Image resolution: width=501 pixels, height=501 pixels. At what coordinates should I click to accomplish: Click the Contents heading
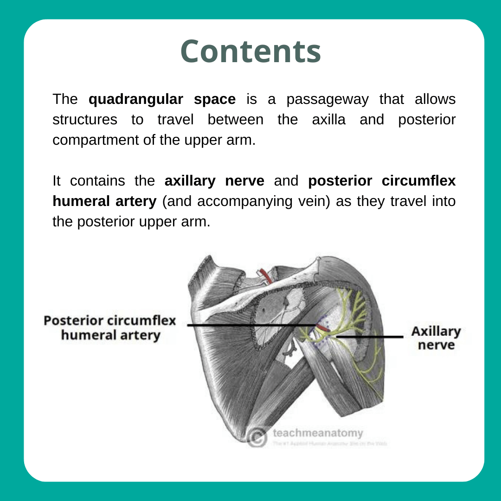[250, 51]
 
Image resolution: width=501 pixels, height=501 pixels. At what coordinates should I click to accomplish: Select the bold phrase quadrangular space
[162, 99]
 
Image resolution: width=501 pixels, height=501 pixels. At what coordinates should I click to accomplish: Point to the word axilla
[328, 120]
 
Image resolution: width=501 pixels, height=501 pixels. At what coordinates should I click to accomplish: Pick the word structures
[85, 120]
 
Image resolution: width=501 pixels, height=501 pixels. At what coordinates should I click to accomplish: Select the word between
[235, 120]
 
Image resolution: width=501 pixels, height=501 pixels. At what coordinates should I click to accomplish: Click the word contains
[98, 181]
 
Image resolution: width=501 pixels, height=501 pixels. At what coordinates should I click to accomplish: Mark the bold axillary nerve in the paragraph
[214, 181]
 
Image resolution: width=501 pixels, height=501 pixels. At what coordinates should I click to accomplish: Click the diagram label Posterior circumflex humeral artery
[110, 328]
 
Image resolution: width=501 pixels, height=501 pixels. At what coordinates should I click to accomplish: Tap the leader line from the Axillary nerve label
[371, 336]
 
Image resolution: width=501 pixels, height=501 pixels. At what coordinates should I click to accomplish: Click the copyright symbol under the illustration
[257, 437]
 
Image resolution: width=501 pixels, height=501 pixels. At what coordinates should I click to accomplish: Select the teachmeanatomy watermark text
[318, 433]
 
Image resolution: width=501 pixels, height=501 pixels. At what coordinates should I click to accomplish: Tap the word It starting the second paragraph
[57, 181]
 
